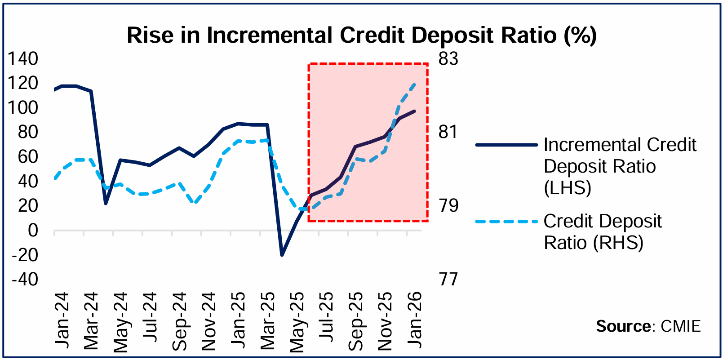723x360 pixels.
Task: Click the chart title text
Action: (361, 35)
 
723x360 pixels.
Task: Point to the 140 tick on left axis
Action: (23, 58)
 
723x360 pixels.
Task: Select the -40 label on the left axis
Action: (25, 279)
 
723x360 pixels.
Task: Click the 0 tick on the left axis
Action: (33, 230)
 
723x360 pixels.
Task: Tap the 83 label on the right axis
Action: (448, 58)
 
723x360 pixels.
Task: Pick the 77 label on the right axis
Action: (448, 279)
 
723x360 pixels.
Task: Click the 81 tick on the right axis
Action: (448, 132)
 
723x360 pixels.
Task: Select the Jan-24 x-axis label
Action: (62, 320)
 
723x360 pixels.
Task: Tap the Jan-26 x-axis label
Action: (415, 320)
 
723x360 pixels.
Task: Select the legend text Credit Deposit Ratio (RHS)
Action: (602, 232)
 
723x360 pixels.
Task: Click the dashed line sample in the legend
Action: (506, 222)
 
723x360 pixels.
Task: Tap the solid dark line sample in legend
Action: (506, 145)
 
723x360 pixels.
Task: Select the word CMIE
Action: (681, 326)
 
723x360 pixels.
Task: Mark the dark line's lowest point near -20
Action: (282, 255)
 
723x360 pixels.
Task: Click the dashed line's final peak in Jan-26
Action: (414, 84)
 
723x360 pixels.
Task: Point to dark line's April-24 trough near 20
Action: (106, 203)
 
